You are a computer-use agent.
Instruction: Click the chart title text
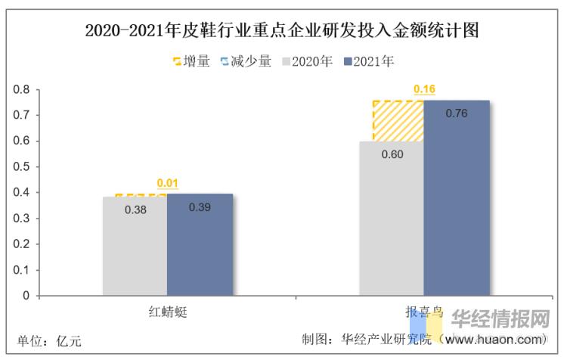[x=283, y=31]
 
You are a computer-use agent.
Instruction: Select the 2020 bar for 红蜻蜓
[x=135, y=250]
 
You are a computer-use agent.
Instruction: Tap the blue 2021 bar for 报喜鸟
[x=456, y=204]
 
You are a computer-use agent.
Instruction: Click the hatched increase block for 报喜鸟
[x=398, y=121]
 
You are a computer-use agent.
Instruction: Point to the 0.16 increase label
[x=424, y=90]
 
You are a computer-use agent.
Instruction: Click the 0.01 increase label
[x=167, y=183]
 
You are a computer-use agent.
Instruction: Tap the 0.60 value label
[x=392, y=154]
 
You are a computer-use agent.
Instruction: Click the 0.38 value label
[x=135, y=209]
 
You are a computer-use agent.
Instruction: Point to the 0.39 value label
[x=200, y=207]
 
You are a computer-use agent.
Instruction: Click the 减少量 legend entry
[x=246, y=61]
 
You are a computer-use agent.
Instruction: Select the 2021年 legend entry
[x=368, y=61]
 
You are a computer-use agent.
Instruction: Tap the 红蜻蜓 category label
[x=167, y=311]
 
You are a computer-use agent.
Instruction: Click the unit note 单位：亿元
[x=49, y=341]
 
